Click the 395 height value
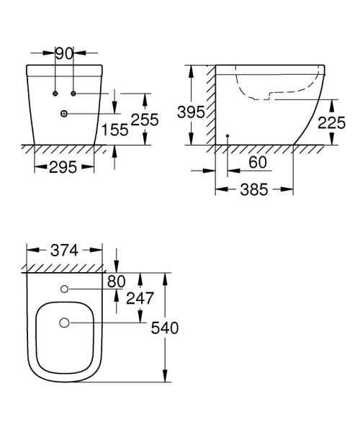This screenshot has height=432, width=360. (x=191, y=113)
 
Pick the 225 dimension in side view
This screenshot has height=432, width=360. (x=332, y=123)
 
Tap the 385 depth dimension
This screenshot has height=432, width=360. (x=253, y=189)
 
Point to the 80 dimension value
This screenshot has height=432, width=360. (x=116, y=282)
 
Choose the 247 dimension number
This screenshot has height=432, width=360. (x=139, y=298)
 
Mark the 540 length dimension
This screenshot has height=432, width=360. (x=164, y=328)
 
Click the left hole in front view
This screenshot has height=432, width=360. (x=55, y=94)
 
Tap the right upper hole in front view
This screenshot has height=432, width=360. (x=73, y=94)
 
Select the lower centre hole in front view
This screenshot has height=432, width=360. (x=64, y=113)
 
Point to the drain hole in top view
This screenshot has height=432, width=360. (x=64, y=323)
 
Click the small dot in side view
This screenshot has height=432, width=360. (x=227, y=135)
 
